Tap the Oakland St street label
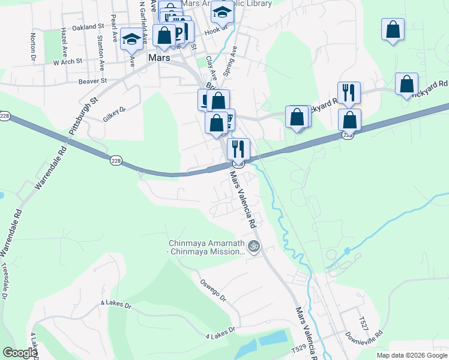click(x=88, y=27)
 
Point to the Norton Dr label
click(x=32, y=47)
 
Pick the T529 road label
click(x=298, y=347)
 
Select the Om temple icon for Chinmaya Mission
click(x=254, y=246)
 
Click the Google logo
click(x=20, y=353)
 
